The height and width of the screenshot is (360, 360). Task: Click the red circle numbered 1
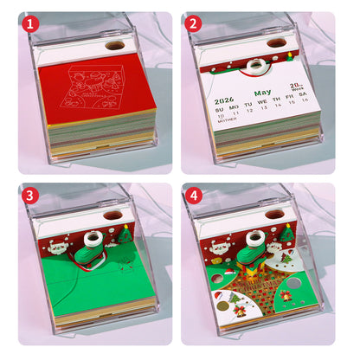point(31,24)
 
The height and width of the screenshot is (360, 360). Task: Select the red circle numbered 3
point(31,196)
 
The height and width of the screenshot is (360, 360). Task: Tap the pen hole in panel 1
point(113,45)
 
